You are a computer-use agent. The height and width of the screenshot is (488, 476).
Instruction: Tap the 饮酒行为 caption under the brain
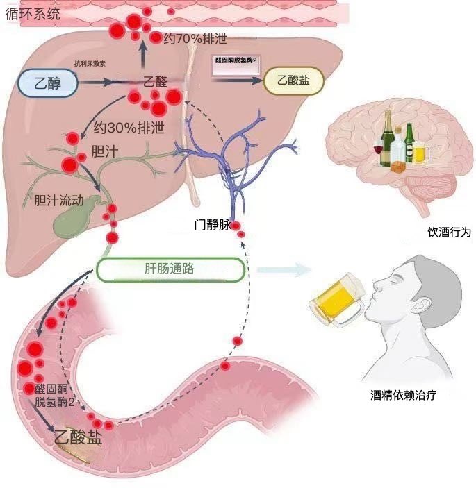coord(450,233)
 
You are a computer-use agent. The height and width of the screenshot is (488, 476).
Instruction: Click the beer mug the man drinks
coord(336,299)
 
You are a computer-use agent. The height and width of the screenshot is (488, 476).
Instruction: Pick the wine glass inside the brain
coord(378,148)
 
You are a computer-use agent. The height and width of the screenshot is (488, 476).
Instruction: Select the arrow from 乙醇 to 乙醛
coord(97,82)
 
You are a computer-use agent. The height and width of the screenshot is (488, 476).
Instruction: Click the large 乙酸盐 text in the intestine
coord(79,439)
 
